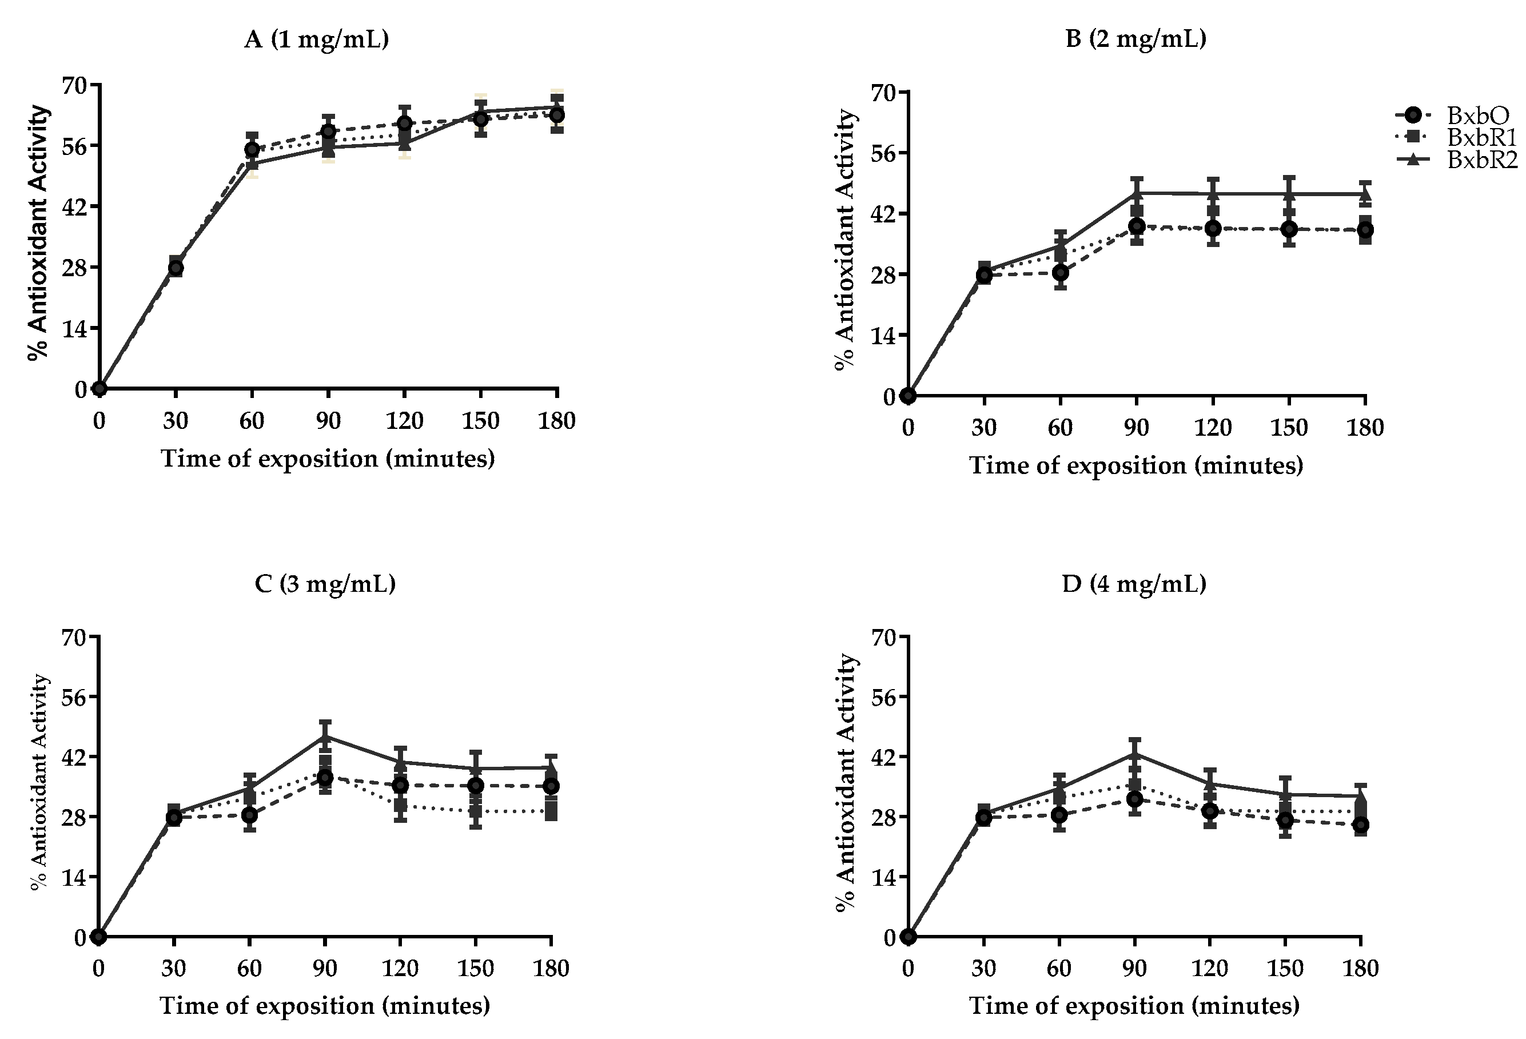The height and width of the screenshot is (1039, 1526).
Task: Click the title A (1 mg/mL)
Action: (x=317, y=40)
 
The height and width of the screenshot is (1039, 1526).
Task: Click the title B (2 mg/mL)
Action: (x=1135, y=39)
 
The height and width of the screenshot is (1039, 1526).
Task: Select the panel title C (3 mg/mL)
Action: (x=325, y=583)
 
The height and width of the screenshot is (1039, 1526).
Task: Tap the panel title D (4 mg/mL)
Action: (x=1134, y=583)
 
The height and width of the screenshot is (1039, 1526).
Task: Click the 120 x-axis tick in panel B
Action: (x=1212, y=428)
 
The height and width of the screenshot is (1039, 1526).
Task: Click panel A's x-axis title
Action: (x=328, y=459)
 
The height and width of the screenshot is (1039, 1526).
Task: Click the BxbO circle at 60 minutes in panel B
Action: (x=1060, y=273)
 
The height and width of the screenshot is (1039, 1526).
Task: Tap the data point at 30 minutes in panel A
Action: (x=176, y=267)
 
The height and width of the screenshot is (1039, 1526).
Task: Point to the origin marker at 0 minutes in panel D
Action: (x=908, y=937)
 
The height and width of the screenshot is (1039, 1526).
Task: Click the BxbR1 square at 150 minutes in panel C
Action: (x=475, y=810)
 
